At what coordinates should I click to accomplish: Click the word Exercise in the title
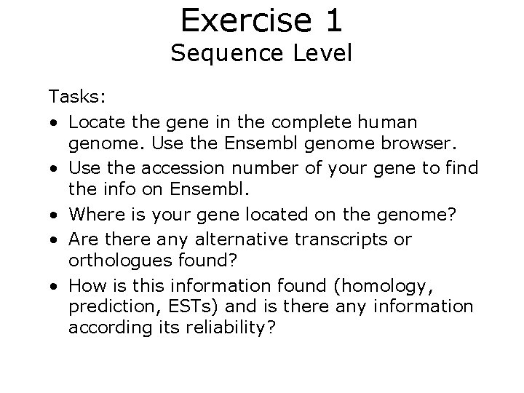tap(237, 20)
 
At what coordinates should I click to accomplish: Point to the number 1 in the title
tap(333, 20)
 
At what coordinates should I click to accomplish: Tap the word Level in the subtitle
tap(317, 53)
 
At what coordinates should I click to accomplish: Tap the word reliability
tap(229, 327)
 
